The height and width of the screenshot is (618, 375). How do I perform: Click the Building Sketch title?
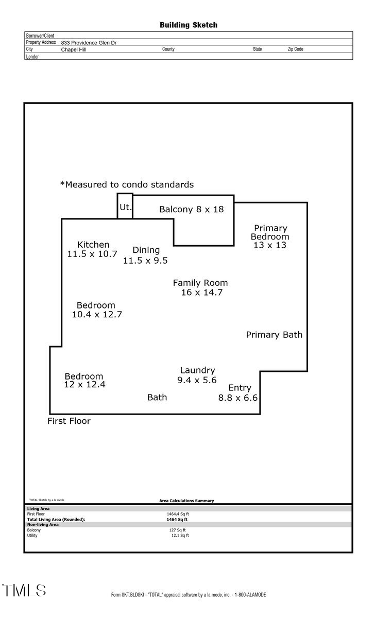(x=188, y=25)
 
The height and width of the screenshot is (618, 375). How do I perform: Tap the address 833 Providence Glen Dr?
(x=89, y=43)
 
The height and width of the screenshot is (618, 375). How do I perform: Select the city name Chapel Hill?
(x=74, y=50)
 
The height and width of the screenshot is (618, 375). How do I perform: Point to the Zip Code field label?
(x=295, y=49)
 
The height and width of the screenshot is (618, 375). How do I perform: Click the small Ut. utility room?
(x=125, y=207)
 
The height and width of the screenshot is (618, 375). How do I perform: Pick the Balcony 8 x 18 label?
(x=191, y=209)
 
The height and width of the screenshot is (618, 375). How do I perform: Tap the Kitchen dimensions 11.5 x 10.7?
(x=92, y=254)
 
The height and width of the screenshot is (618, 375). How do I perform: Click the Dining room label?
(x=146, y=250)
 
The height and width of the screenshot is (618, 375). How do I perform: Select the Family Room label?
(x=200, y=283)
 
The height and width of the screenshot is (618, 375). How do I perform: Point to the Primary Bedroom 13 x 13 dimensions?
(x=269, y=245)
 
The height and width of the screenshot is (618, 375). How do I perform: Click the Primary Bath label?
(x=274, y=335)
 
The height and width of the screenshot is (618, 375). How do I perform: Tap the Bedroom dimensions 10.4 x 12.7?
(x=96, y=314)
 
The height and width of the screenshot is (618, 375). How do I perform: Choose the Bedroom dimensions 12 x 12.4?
(x=84, y=384)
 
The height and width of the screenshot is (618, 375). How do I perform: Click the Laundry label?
(x=197, y=370)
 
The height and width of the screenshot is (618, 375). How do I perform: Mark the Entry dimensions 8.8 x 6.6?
(x=237, y=398)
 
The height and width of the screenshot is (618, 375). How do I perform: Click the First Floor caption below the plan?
(x=69, y=421)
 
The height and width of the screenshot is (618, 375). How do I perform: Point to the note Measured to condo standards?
(x=127, y=184)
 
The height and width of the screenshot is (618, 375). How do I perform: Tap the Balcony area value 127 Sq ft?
(x=177, y=530)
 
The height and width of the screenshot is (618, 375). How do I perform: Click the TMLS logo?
(x=24, y=590)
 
